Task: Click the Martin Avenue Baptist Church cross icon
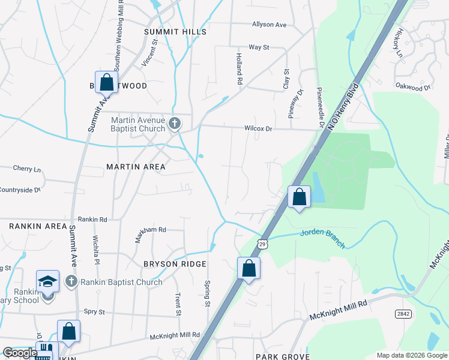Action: (175, 124)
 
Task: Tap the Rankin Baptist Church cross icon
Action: (71, 281)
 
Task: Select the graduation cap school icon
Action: (47, 281)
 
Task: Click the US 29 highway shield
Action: (262, 243)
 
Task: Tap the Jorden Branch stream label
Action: (323, 237)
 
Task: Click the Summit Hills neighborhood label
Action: (175, 32)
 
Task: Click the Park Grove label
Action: (282, 356)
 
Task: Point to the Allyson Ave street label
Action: (270, 25)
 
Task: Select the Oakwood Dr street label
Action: (413, 87)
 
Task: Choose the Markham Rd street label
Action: (150, 229)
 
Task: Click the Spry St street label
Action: (94, 312)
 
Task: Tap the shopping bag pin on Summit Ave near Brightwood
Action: (106, 83)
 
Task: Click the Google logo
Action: (20, 353)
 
